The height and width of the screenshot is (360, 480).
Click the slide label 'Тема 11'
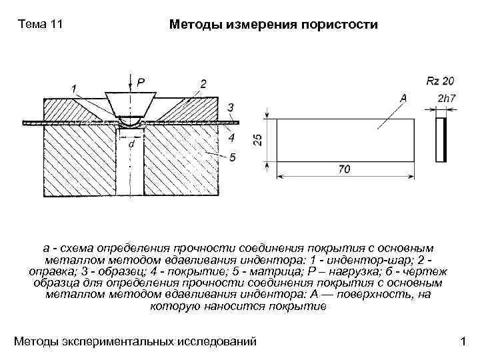coord(41,25)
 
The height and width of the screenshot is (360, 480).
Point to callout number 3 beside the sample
coord(230,107)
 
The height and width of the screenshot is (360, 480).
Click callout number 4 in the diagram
coord(231,138)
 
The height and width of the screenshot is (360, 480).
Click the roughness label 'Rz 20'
coord(439,81)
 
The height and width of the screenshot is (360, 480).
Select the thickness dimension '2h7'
coord(446,99)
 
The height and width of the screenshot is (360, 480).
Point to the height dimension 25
coord(258,140)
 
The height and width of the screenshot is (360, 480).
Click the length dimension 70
coord(344,169)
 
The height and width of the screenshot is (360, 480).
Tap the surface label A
coord(403,97)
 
